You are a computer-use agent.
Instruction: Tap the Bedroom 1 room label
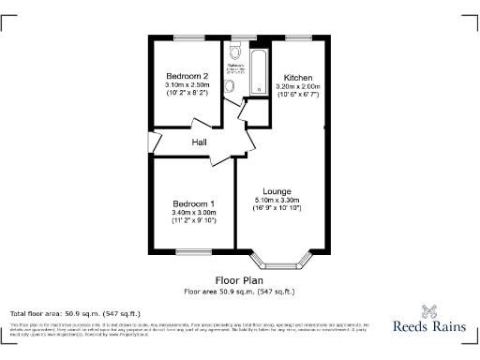click(194, 203)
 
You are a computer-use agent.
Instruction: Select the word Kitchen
click(298, 77)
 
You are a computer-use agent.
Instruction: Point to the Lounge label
click(277, 191)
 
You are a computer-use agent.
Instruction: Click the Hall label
click(200, 142)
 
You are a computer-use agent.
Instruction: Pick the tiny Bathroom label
click(235, 66)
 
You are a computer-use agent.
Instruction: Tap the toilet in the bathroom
click(230, 86)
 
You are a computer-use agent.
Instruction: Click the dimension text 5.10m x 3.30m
click(277, 200)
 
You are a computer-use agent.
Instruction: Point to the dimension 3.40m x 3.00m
click(194, 212)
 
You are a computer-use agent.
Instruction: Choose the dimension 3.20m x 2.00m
click(298, 86)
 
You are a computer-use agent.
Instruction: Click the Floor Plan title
click(239, 280)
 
